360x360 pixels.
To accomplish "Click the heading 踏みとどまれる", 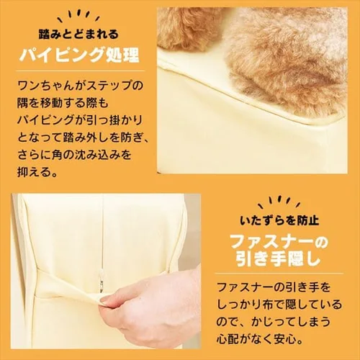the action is (x=78, y=35).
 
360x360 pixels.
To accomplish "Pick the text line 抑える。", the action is (x=37, y=171).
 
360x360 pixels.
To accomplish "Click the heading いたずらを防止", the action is (x=279, y=220).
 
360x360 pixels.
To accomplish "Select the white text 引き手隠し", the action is (x=278, y=260).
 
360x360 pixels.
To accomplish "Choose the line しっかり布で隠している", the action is (x=279, y=304).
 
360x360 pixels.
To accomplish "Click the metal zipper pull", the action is (x=102, y=283).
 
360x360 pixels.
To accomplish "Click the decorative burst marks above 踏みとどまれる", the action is (x=78, y=17).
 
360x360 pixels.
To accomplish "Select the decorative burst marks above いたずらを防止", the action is (x=279, y=203).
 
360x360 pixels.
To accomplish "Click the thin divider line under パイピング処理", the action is (x=81, y=71).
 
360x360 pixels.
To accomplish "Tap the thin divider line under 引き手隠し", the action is (x=279, y=273).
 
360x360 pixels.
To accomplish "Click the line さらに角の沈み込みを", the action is (x=74, y=155).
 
